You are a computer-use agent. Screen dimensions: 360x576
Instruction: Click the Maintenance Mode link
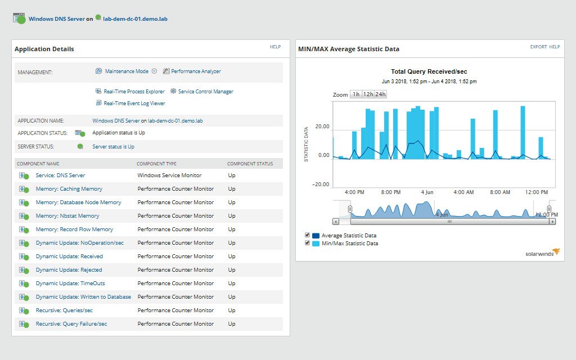tap(127, 71)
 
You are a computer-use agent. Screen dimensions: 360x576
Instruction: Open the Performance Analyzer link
tap(196, 71)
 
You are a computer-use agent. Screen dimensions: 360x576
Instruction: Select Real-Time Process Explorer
tap(134, 92)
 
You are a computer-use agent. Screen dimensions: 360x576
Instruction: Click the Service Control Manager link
tap(205, 92)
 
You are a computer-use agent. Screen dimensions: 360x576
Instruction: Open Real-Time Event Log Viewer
tap(134, 103)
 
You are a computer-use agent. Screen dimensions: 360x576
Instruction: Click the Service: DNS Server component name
tap(60, 175)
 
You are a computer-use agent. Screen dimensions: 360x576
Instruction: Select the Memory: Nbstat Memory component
tap(67, 216)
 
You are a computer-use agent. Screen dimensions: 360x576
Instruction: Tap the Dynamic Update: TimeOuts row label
tap(70, 283)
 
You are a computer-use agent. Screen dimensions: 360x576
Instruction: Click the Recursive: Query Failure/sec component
tap(71, 324)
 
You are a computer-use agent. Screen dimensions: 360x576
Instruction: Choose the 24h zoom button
tap(381, 94)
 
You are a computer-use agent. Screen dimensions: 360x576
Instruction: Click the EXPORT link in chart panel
tap(538, 47)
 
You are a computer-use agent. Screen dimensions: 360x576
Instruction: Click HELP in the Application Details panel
tap(275, 47)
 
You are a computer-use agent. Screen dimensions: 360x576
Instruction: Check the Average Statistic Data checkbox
tap(307, 235)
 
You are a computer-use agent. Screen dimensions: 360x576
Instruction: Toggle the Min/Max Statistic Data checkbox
tap(307, 244)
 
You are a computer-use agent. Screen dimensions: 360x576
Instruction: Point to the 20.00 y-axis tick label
tap(322, 127)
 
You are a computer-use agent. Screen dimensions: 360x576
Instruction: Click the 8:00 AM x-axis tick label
tap(499, 192)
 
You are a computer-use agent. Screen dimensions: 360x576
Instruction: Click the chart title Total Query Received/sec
tap(429, 72)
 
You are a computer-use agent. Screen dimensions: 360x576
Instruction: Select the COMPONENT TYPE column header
tap(156, 164)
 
